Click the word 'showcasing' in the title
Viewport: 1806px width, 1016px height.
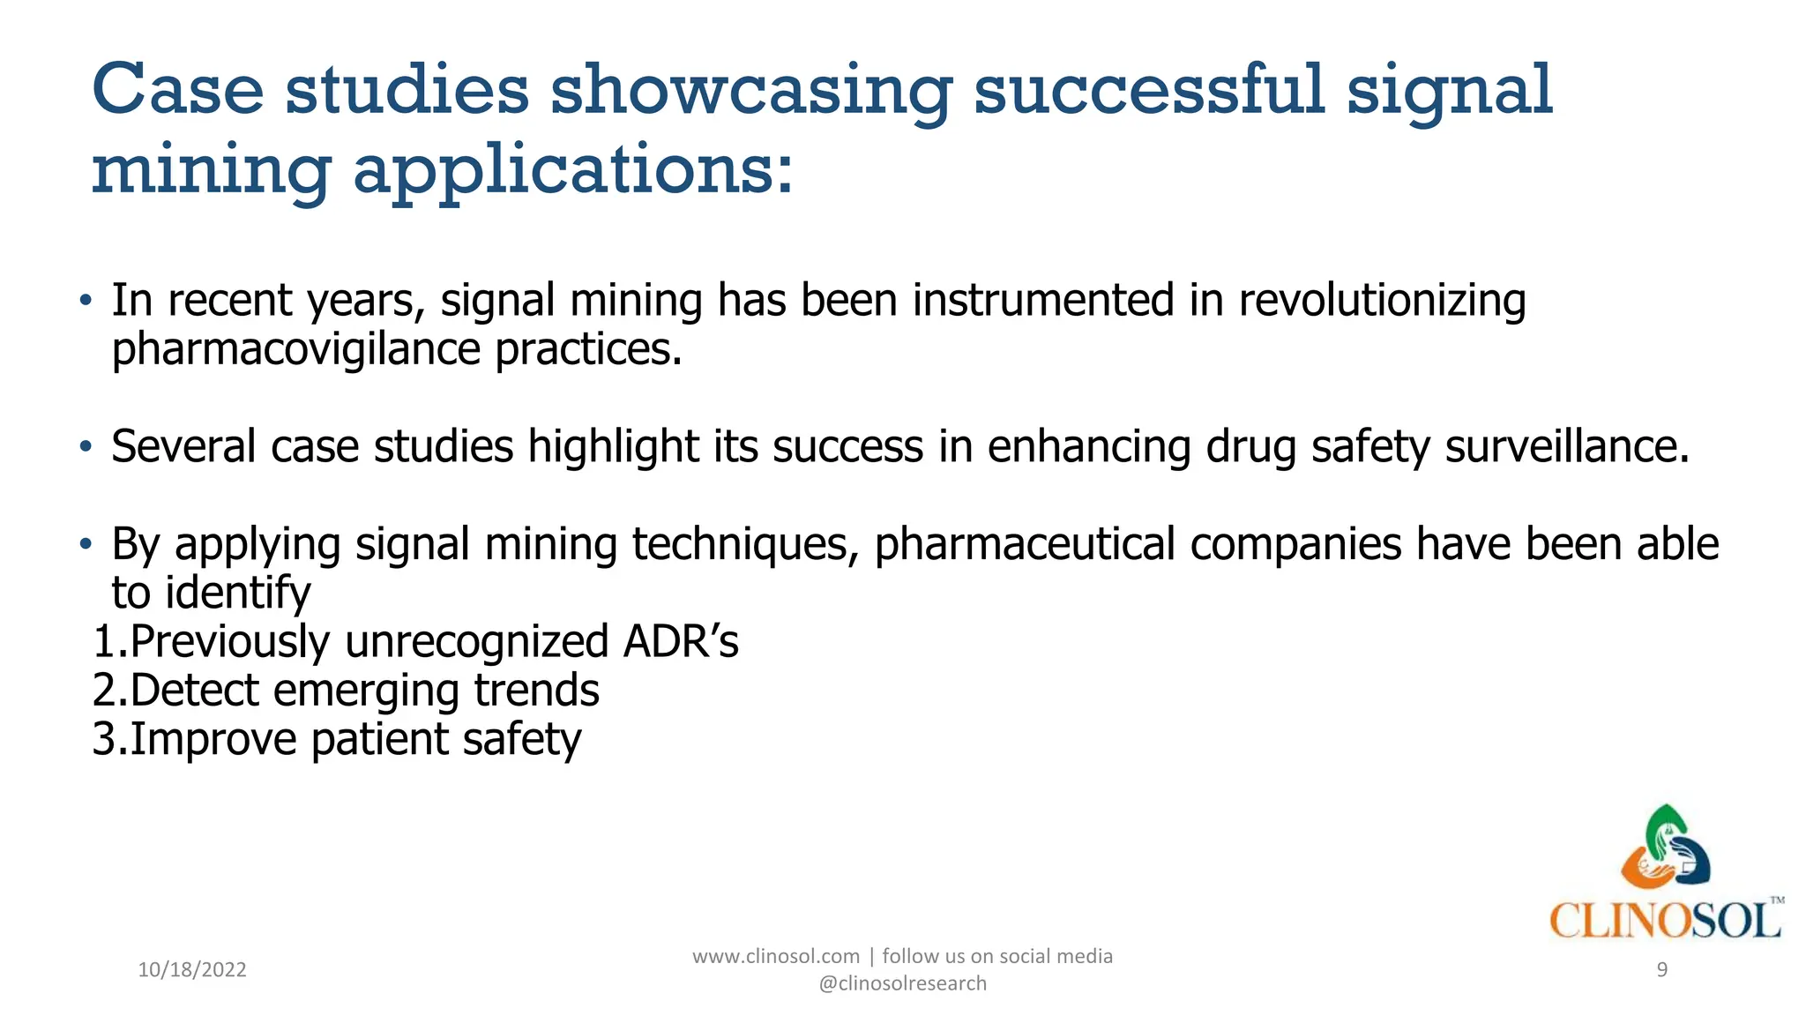(750, 92)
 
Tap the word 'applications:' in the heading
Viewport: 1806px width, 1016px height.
(573, 169)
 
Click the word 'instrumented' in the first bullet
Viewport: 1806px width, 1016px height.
(1043, 301)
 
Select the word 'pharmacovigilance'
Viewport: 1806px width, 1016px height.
(295, 350)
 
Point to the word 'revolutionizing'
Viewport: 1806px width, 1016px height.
(1382, 301)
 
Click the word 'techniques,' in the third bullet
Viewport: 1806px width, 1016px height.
(745, 544)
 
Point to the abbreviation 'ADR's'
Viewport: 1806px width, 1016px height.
(680, 641)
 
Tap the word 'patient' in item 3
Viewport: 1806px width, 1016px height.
(379, 739)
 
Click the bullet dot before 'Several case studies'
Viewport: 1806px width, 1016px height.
(85, 447)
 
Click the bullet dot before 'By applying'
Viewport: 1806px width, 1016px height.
(85, 544)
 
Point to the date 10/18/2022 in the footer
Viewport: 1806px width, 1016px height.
(192, 970)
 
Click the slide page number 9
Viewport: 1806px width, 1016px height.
(1661, 970)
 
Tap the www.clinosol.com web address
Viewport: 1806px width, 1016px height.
(775, 956)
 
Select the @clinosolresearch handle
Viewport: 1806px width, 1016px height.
(902, 983)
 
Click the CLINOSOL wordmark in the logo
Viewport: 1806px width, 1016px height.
(1664, 922)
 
